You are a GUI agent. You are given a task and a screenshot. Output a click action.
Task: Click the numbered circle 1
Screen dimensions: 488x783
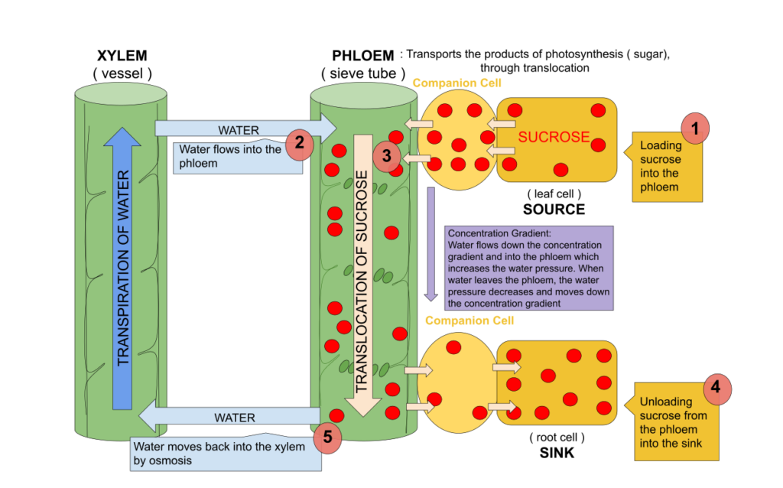coord(695,129)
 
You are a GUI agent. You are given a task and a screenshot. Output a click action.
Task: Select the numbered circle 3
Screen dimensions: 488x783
coord(387,156)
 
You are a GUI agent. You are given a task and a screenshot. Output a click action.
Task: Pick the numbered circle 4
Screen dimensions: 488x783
coord(716,388)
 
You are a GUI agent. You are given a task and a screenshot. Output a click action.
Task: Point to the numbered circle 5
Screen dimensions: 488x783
coord(327,438)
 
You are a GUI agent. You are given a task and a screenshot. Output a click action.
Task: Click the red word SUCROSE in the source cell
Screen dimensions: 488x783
coord(554,138)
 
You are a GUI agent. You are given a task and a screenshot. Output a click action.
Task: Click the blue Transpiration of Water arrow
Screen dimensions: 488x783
coord(122,268)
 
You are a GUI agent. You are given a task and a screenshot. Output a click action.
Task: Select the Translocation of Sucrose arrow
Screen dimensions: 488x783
coord(362,275)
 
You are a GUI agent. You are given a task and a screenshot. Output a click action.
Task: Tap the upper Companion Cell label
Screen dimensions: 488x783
coord(456,83)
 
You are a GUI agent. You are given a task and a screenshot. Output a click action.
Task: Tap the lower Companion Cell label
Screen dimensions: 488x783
coord(469,320)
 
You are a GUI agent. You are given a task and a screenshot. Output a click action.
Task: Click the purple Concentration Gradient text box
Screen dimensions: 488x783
coord(528,268)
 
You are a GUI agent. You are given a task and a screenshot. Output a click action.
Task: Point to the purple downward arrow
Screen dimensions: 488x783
coord(430,245)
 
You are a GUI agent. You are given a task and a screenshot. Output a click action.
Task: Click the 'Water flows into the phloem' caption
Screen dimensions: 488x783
coord(229,157)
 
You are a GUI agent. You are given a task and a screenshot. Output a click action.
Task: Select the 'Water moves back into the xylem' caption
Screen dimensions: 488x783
coord(222,454)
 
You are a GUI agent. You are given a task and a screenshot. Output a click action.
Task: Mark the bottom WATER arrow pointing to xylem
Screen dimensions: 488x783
coord(229,417)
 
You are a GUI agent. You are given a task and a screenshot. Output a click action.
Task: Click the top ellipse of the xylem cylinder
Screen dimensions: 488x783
coord(121,94)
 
